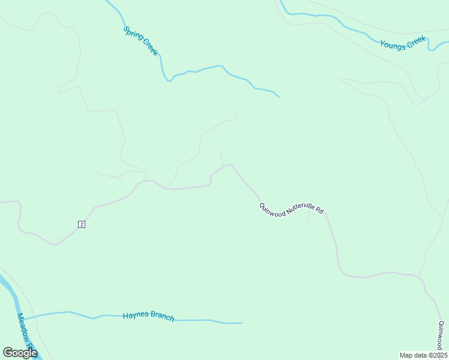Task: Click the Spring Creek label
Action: point(140,41)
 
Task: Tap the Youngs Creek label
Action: point(403,43)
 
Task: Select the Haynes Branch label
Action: point(148,316)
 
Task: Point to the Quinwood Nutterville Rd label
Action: point(292,209)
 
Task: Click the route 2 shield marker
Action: point(82,224)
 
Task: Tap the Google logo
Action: point(20,352)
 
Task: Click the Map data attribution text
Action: point(423,355)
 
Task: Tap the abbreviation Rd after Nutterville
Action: point(320,211)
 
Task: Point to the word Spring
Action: point(132,34)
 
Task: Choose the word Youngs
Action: point(392,45)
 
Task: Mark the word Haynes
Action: point(134,315)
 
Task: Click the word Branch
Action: point(161,317)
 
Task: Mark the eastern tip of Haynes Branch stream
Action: point(242,323)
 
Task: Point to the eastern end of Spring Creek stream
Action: point(279,97)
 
